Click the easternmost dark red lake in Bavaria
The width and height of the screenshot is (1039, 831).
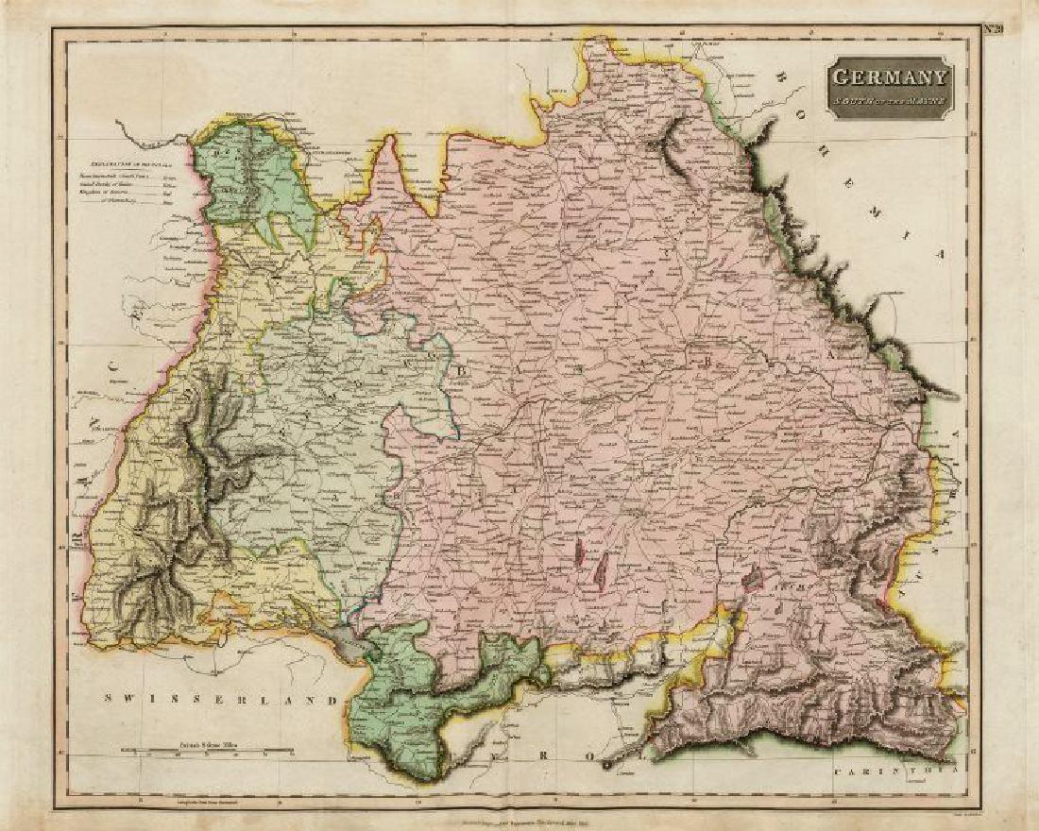[753, 576]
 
